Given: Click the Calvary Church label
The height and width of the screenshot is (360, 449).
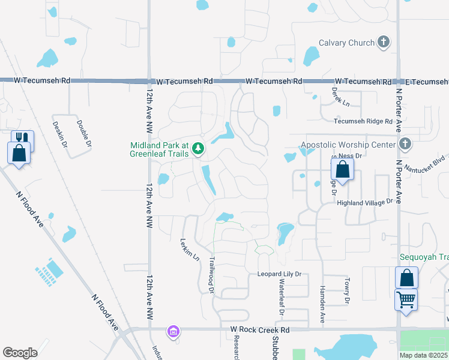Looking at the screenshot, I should tap(346, 43).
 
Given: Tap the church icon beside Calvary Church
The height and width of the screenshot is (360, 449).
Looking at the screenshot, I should tap(384, 43).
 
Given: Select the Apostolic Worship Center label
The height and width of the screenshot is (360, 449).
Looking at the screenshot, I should tap(348, 145).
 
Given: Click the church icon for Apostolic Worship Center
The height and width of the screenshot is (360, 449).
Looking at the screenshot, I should tap(405, 144).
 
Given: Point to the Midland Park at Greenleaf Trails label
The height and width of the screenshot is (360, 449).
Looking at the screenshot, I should tap(160, 149).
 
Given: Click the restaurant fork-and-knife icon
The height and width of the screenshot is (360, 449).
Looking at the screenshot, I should tap(23, 140).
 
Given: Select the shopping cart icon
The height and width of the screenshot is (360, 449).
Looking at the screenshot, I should tap(406, 298).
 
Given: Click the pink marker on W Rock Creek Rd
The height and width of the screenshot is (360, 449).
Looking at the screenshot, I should tap(173, 331).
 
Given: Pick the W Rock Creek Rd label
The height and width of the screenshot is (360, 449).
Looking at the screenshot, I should tap(259, 330).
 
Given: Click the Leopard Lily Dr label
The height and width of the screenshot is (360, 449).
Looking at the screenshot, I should tap(279, 274).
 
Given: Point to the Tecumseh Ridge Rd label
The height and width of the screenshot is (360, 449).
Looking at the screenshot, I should tap(362, 121).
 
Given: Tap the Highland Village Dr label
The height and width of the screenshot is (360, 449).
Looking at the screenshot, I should tap(368, 203).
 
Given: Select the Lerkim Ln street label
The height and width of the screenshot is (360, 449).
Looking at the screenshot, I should tap(190, 250).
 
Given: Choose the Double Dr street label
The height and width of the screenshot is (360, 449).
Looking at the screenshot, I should tap(83, 134).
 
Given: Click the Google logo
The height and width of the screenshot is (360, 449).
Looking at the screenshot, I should tap(20, 353).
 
